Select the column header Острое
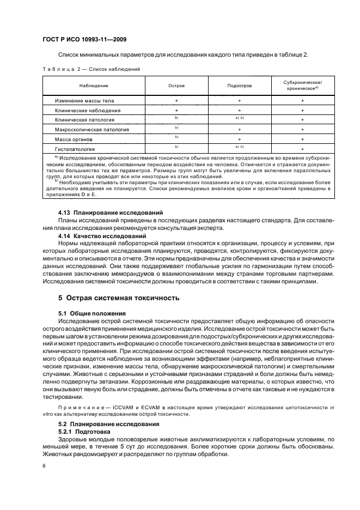coord(176,86)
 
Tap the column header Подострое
coord(239,86)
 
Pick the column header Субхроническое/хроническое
coord(302,86)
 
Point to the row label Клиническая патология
coord(84,120)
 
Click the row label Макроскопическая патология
coord(91,130)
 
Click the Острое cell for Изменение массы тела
coord(176,101)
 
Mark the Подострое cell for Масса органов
coord(239,139)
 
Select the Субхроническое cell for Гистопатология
coord(302,149)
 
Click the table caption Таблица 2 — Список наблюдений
coord(91,69)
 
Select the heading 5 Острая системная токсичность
coord(119,298)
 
